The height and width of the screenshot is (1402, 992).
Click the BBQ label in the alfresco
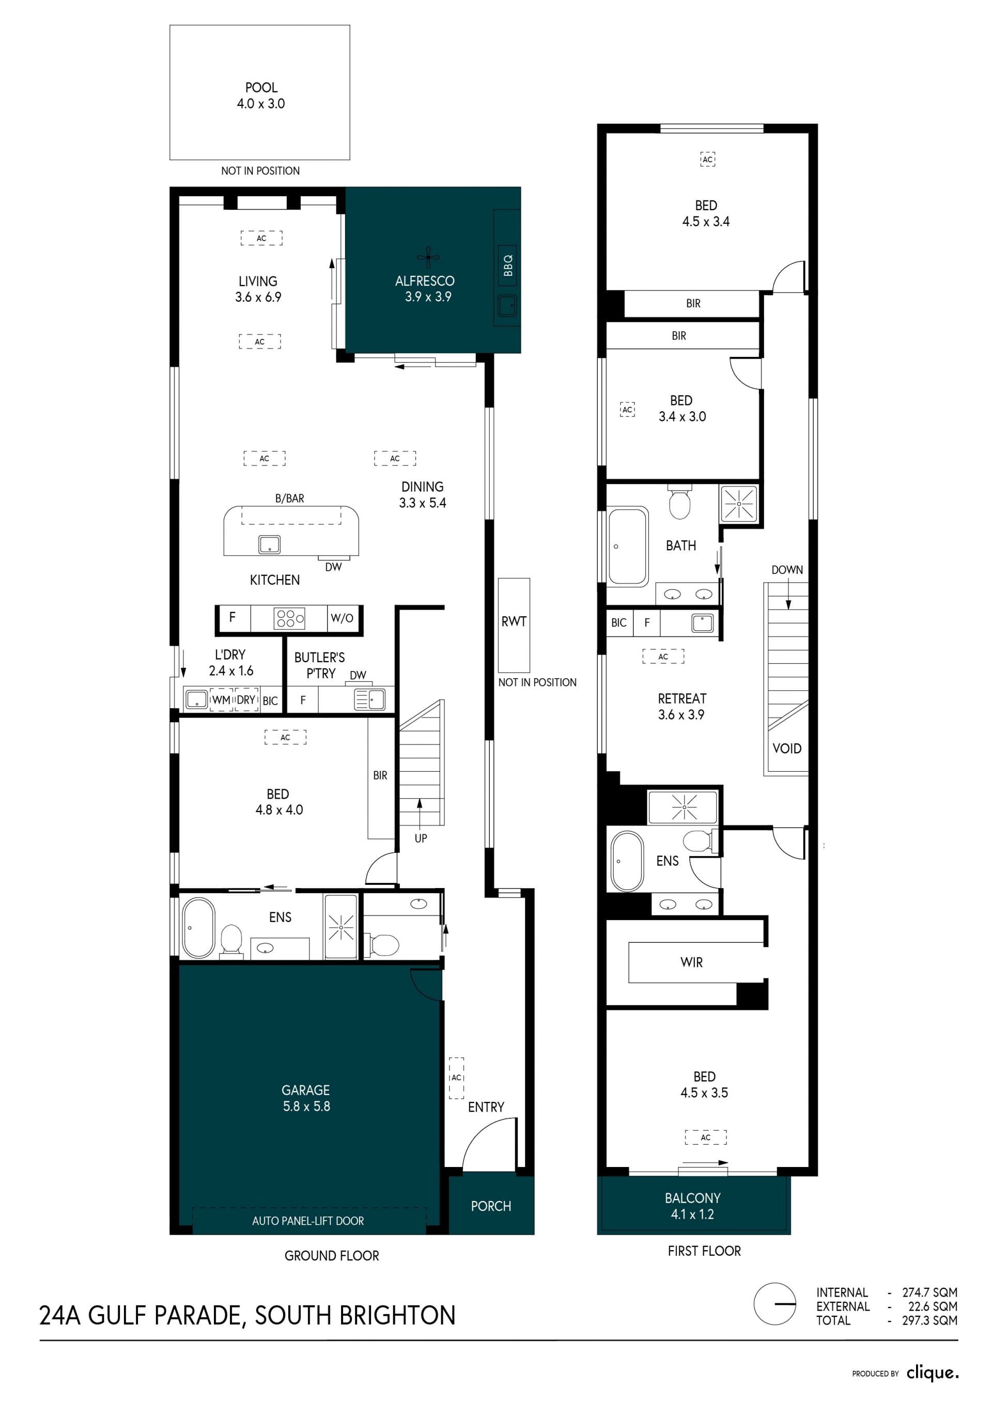[x=507, y=266]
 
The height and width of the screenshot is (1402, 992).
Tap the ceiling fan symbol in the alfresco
[x=428, y=258]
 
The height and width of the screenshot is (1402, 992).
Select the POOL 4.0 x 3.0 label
[x=261, y=96]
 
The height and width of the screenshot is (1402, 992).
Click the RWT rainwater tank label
[x=514, y=621]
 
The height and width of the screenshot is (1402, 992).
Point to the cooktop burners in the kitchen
[x=289, y=618]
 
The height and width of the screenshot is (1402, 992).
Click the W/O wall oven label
[x=342, y=618]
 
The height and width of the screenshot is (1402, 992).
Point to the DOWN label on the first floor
[x=787, y=570]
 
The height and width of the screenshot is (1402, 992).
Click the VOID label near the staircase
[x=787, y=749]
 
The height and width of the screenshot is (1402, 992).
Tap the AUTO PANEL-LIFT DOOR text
[x=308, y=1221]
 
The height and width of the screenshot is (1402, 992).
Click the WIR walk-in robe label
[x=691, y=962]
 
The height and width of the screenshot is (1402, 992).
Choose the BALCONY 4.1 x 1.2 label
[x=693, y=1206]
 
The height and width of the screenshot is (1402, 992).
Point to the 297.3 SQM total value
[x=929, y=1320]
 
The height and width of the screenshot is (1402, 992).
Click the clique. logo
[x=932, y=1373]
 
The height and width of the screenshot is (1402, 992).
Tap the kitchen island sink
[x=269, y=544]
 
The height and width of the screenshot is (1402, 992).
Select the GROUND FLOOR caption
[x=332, y=1255]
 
